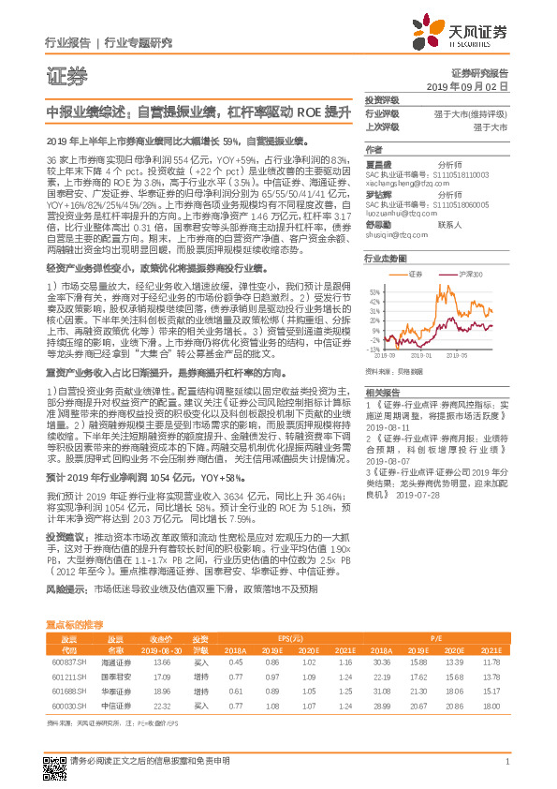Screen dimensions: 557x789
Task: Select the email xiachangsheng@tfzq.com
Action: [400, 184]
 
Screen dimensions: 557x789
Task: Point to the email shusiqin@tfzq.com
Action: [394, 237]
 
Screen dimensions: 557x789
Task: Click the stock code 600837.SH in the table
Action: [67, 662]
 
